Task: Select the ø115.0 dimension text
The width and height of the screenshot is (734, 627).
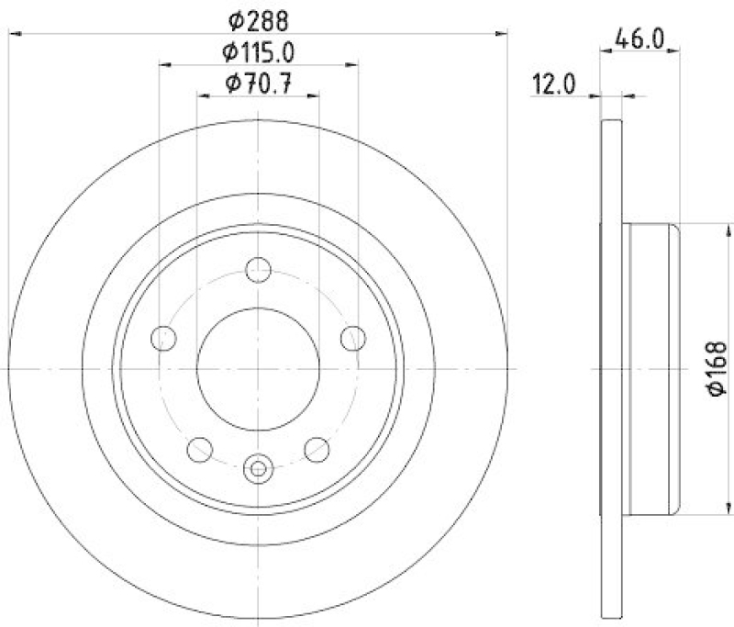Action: tap(260, 51)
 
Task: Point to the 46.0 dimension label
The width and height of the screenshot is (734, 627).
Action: tap(640, 39)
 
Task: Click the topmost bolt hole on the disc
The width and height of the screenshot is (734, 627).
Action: tap(259, 271)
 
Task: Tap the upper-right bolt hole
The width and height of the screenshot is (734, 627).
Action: tap(352, 338)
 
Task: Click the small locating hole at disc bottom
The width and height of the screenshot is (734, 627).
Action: tap(259, 469)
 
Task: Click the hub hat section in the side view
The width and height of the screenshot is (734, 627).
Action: tap(651, 369)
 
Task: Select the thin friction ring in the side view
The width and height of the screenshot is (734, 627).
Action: tap(611, 369)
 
